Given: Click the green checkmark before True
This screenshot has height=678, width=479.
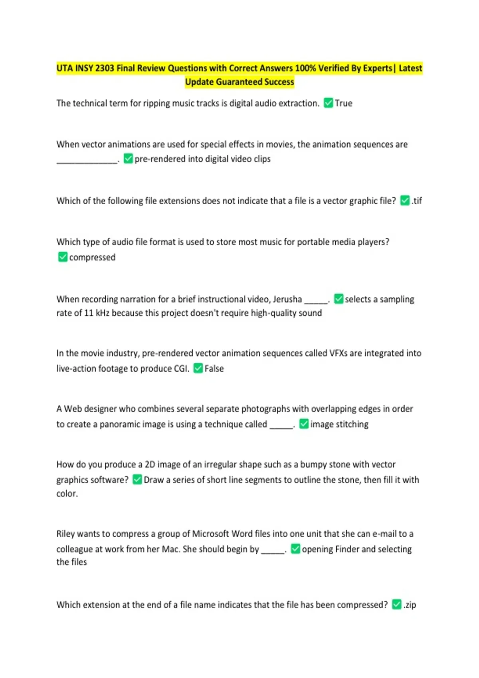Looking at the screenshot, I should tap(328, 103).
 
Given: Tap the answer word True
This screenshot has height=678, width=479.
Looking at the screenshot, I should tap(344, 103).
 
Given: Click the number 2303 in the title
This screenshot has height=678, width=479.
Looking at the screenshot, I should tap(105, 68).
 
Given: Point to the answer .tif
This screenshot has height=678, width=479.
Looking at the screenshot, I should tap(417, 201).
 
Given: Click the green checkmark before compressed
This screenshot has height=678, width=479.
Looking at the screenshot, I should tap(63, 257).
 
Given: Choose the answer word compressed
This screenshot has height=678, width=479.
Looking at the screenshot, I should tap(92, 257).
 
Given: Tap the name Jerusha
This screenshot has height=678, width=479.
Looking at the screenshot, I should tap(287, 299).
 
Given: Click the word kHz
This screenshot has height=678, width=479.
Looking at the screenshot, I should tap(103, 313).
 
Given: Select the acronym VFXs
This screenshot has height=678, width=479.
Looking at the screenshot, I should tap(338, 353).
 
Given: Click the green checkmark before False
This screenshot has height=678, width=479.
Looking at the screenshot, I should tap(198, 368).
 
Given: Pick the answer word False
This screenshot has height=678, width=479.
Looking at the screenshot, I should tap(214, 369).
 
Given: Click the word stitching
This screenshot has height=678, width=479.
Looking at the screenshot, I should tap(351, 424).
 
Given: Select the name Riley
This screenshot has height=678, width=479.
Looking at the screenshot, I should tap(65, 534).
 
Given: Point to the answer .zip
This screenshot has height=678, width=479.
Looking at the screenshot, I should tap(410, 605).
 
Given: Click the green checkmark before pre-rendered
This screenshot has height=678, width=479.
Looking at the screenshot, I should tap(128, 159).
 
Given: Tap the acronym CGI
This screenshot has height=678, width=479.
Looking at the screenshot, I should tap(181, 369).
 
